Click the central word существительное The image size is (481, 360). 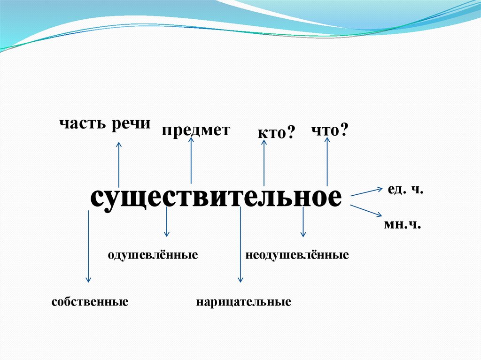[x=217, y=198]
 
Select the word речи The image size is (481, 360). [x=131, y=124]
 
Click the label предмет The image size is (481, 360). [x=196, y=130]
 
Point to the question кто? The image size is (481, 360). [x=276, y=133]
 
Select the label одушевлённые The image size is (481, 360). [x=153, y=255]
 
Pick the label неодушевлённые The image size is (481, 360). [x=296, y=255]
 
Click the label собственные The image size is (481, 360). [x=90, y=300]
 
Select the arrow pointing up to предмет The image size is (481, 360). [x=191, y=160]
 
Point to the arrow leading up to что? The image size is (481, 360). [x=327, y=162]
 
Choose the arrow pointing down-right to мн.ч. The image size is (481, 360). [x=366, y=209]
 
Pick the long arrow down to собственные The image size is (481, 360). [x=88, y=246]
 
